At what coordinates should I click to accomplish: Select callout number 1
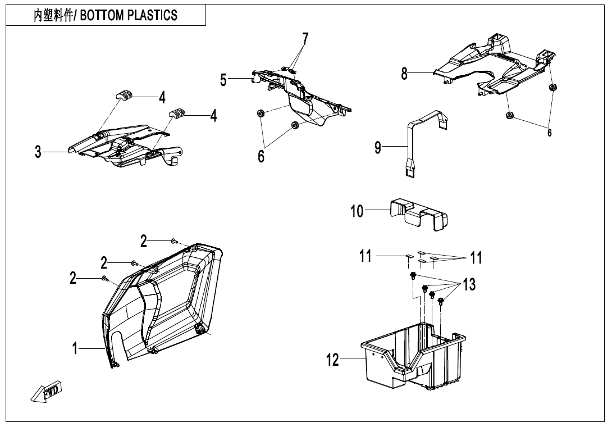74,349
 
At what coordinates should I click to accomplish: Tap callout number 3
38,152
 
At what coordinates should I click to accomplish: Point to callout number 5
223,80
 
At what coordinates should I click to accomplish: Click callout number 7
305,39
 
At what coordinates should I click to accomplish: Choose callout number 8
404,74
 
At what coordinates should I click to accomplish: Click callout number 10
358,212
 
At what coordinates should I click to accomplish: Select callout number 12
334,360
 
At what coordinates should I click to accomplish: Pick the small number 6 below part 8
549,133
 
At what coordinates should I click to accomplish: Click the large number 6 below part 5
261,157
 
